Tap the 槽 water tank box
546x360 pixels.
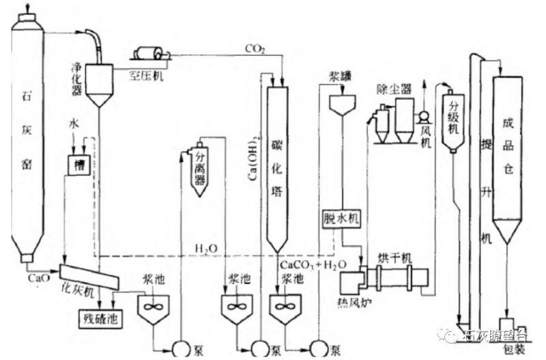click(x=78, y=164)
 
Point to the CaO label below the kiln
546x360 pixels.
click(x=38, y=278)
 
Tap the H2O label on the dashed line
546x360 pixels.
click(x=205, y=247)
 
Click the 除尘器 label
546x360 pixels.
click(x=394, y=89)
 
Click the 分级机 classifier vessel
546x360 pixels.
click(x=452, y=123)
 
